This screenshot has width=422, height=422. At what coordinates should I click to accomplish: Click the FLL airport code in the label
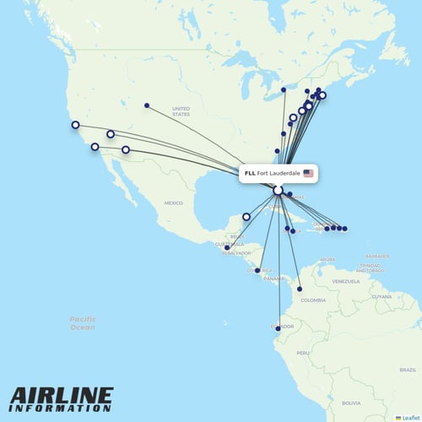tap(250, 173)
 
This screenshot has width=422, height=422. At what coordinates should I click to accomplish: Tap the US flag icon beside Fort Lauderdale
tap(308, 173)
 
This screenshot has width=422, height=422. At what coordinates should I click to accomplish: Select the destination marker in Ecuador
tap(279, 328)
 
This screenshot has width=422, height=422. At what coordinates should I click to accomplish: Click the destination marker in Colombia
tap(300, 289)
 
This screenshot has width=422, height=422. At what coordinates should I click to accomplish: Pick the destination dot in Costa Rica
tap(257, 270)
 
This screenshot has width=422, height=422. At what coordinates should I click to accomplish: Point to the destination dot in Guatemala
tap(227, 247)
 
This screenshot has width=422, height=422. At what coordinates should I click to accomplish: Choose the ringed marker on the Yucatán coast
tap(246, 217)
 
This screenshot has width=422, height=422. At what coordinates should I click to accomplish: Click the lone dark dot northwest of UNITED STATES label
tap(147, 105)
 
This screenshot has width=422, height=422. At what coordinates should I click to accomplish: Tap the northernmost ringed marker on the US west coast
tap(75, 125)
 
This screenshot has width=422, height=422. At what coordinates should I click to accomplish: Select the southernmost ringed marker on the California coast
tap(95, 147)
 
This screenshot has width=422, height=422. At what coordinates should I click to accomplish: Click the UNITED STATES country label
tap(181, 111)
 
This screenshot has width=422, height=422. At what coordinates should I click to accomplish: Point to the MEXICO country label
tap(173, 203)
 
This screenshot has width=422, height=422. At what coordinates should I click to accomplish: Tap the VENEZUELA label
tap(345, 280)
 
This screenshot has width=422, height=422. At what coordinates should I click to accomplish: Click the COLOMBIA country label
tap(312, 300)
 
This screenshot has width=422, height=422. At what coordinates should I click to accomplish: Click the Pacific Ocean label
tap(83, 322)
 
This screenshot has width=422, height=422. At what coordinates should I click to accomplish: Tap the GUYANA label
tap(382, 296)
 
